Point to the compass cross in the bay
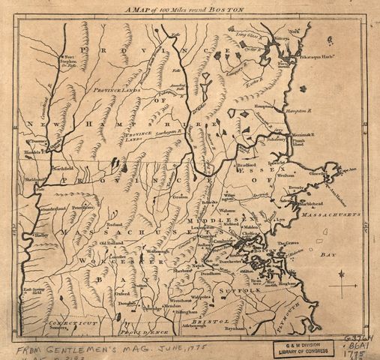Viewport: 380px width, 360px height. click(343, 286)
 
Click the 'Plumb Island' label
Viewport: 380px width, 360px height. click(296, 140)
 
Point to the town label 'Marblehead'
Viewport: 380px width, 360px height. click(309, 203)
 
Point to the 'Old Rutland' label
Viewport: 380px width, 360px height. click(110, 243)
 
